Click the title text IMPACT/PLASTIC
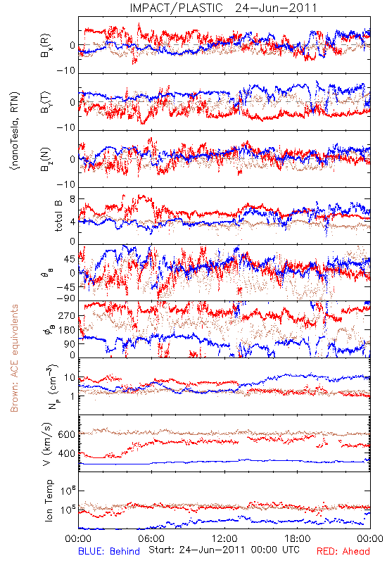click(176, 8)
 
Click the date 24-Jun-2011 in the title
click(276, 8)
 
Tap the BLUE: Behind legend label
click(109, 551)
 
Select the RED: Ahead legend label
click(343, 551)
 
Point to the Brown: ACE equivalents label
click(14, 358)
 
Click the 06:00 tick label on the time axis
click(151, 538)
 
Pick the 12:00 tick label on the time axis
click(224, 538)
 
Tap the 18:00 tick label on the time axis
click(298, 538)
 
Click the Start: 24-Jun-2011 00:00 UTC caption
click(224, 550)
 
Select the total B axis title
click(58, 215)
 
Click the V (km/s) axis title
click(47, 445)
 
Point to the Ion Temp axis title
click(49, 500)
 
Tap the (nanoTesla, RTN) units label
click(15, 131)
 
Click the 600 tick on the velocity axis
click(66, 434)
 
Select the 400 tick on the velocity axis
click(66, 453)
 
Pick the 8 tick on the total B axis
click(72, 199)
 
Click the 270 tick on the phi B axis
click(67, 316)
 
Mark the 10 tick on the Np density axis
click(70, 378)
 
